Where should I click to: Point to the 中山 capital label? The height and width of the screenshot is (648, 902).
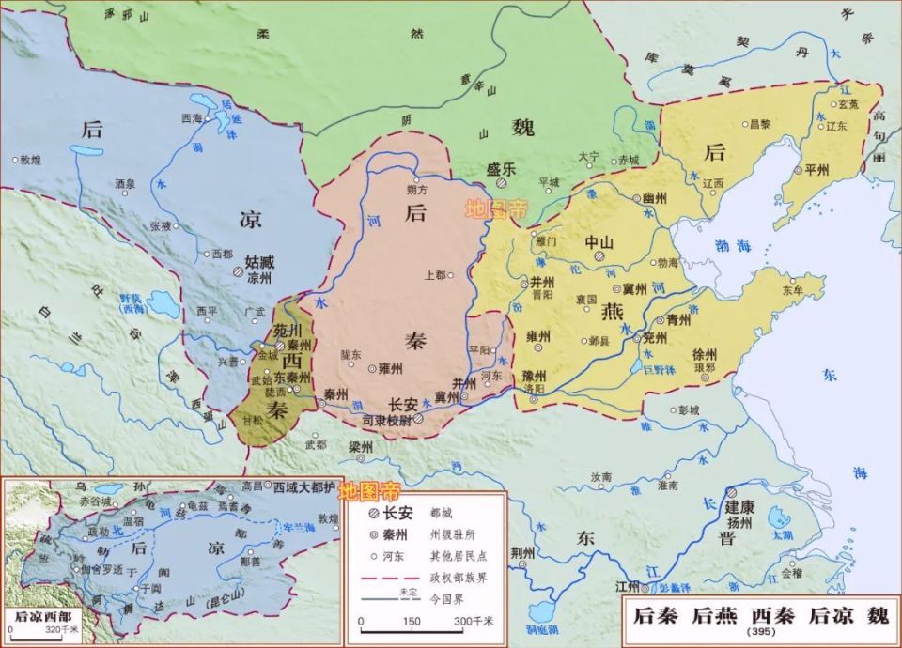tap(599, 241)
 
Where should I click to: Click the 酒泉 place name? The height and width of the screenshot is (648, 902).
tap(125, 184)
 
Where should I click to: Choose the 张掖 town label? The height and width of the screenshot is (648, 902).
tap(162, 226)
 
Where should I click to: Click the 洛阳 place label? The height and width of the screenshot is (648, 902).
tap(533, 388)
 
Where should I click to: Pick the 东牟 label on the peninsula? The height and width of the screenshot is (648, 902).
tap(792, 290)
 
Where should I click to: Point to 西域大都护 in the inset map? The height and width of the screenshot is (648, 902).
tap(304, 487)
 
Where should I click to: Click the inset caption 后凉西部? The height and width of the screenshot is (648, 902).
tap(41, 616)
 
